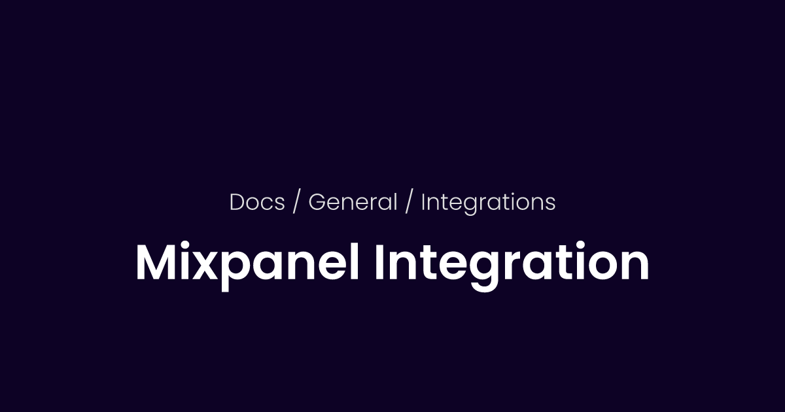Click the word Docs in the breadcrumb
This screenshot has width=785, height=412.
[257, 203]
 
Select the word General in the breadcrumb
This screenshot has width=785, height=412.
[353, 203]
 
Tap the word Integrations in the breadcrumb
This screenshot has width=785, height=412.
[488, 203]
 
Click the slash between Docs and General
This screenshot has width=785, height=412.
[296, 203]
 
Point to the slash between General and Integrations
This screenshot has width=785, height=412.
[409, 203]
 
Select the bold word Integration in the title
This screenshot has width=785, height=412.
[512, 264]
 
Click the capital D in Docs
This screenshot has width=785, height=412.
[237, 203]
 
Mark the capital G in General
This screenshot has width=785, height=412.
[316, 203]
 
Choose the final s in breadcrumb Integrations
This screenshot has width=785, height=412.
[551, 205]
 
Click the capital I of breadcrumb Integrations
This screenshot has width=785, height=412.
[423, 203]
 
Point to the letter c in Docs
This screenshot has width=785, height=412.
[268, 205]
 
